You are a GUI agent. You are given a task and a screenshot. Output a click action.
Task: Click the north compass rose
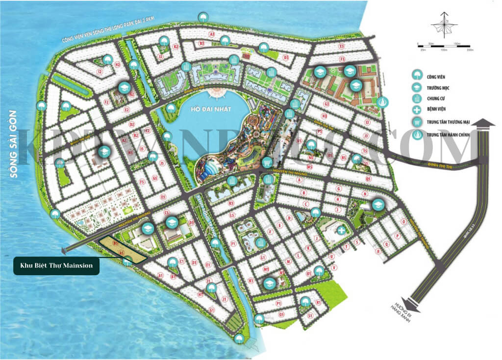point(444,27)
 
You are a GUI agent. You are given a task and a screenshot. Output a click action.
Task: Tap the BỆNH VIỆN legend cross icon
point(417,110)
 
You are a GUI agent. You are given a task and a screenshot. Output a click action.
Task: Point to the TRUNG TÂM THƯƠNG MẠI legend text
point(452,122)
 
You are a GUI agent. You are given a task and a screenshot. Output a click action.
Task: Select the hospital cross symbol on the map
point(341,230)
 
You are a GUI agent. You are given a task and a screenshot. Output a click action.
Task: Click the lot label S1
point(310,316)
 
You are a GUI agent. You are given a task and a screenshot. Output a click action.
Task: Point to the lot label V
point(334,268)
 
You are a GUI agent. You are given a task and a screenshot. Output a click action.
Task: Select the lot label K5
point(231,203)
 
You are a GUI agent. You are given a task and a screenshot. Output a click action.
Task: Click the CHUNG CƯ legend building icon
point(417,99)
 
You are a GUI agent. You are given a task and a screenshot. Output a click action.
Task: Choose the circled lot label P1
point(278,304)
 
